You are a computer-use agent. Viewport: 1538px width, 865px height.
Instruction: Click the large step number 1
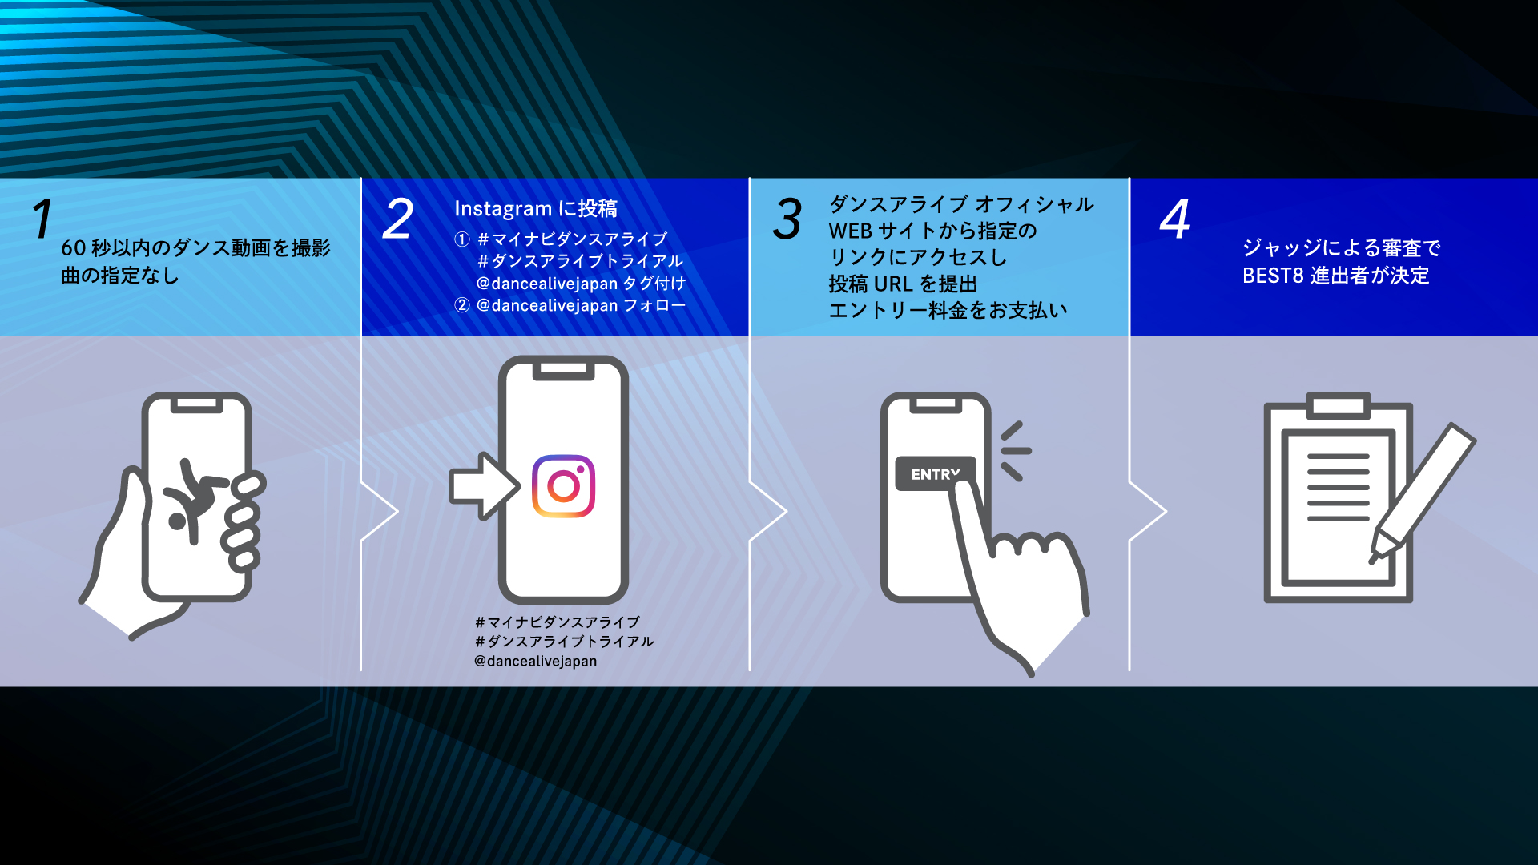pyautogui.click(x=43, y=219)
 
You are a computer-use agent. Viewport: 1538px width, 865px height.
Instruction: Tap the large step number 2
pyautogui.click(x=398, y=219)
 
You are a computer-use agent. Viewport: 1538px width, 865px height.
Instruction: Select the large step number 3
pyautogui.click(x=787, y=219)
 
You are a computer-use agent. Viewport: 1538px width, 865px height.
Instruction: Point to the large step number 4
pyautogui.click(x=1175, y=219)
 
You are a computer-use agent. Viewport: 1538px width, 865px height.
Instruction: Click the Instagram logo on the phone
pyautogui.click(x=563, y=486)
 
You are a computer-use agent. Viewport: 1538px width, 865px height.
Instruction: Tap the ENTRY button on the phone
pyautogui.click(x=935, y=474)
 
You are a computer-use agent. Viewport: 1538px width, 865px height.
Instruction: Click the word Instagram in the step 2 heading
pyautogui.click(x=503, y=209)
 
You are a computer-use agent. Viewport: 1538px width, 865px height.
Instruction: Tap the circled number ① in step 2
pyautogui.click(x=462, y=239)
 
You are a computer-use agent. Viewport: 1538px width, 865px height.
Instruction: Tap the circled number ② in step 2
pyautogui.click(x=462, y=305)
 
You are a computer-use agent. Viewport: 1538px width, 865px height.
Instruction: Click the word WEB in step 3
pyautogui.click(x=850, y=231)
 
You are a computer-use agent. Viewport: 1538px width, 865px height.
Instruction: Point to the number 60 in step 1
pyautogui.click(x=73, y=248)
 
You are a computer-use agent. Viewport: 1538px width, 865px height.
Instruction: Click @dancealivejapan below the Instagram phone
pyautogui.click(x=535, y=662)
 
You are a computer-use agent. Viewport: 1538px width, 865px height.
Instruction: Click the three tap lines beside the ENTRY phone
pyautogui.click(x=1015, y=451)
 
